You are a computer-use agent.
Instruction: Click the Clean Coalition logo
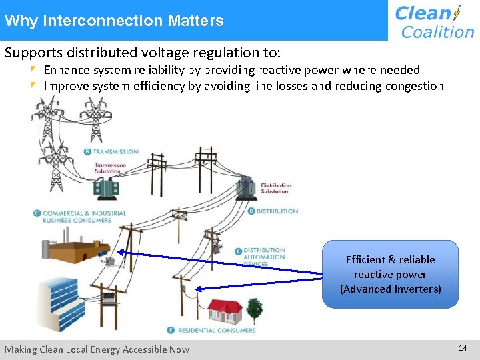pyautogui.click(x=434, y=21)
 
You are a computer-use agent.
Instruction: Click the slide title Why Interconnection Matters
pyautogui.click(x=114, y=21)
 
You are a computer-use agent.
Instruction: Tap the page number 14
pyautogui.click(x=463, y=348)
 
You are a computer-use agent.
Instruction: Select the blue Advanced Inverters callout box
pyautogui.click(x=390, y=274)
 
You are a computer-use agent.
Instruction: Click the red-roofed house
pyautogui.click(x=224, y=311)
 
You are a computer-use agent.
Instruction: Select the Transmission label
pyautogui.click(x=115, y=151)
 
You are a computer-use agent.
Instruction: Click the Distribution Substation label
pyautogui.click(x=275, y=188)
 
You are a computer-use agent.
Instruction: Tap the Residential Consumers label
pyautogui.click(x=215, y=330)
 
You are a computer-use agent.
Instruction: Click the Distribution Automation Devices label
pyautogui.click(x=264, y=257)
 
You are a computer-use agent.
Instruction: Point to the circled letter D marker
pyautogui.click(x=251, y=211)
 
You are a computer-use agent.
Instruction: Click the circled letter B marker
pyautogui.click(x=87, y=151)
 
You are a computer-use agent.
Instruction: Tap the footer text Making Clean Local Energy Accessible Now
pyautogui.click(x=97, y=349)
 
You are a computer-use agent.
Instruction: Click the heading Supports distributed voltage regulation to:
pyautogui.click(x=141, y=52)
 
